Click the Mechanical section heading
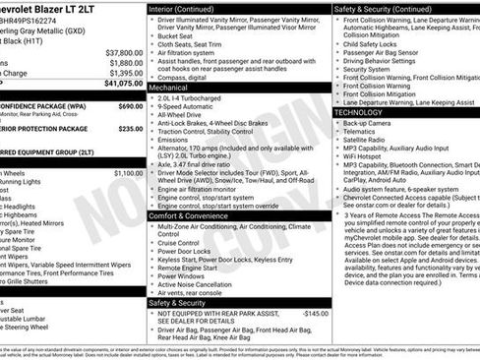tap(171, 87)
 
